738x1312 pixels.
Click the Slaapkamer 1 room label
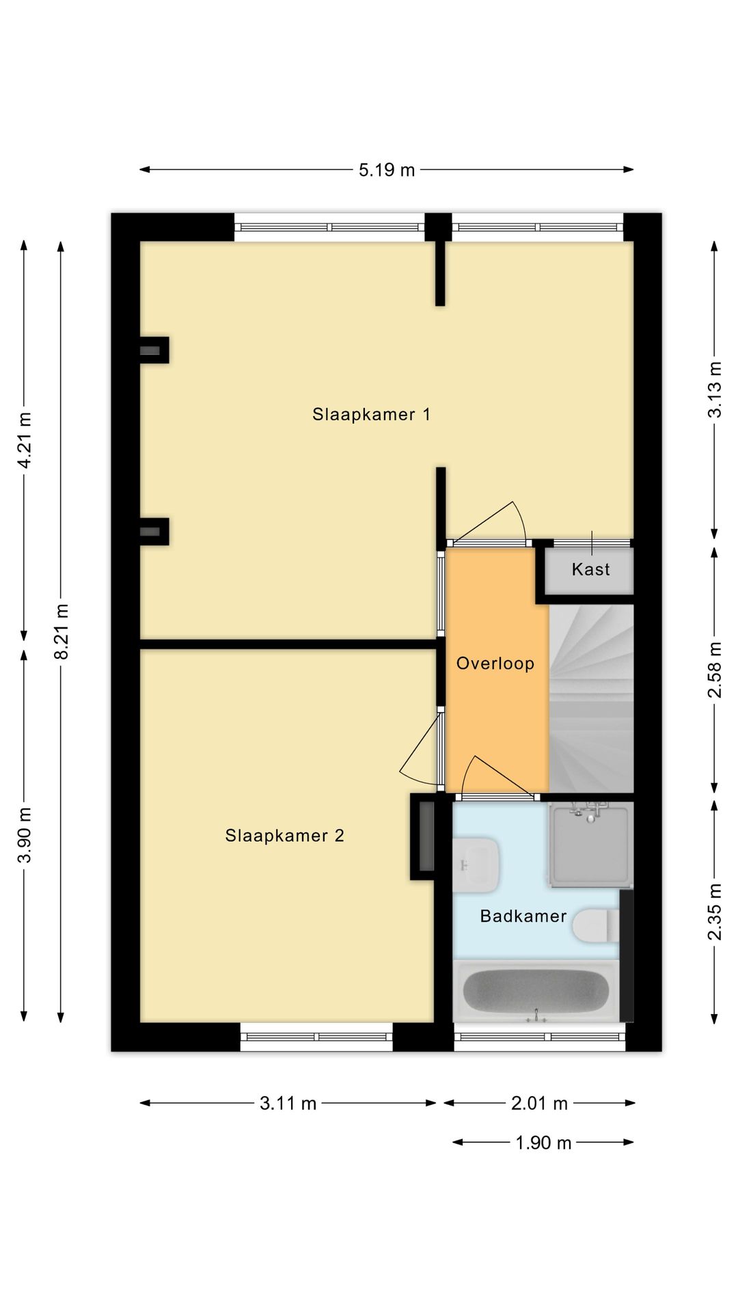point(371,414)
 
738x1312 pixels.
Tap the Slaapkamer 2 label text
point(284,835)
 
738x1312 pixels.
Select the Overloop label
point(495,664)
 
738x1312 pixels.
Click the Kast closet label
point(591,569)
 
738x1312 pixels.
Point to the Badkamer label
point(523,916)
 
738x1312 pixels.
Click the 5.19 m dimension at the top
point(387,169)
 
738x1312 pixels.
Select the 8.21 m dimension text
point(61,631)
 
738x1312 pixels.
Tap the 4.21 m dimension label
point(25,440)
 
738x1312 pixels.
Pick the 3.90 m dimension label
point(25,835)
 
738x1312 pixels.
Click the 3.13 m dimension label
point(715,389)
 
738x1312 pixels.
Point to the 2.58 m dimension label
point(715,670)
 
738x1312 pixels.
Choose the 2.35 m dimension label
point(715,912)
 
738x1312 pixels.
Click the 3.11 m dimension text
point(288,1103)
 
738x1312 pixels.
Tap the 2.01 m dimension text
point(540,1103)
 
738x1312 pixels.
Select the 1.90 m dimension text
point(543,1143)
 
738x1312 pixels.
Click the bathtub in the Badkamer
point(536,992)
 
